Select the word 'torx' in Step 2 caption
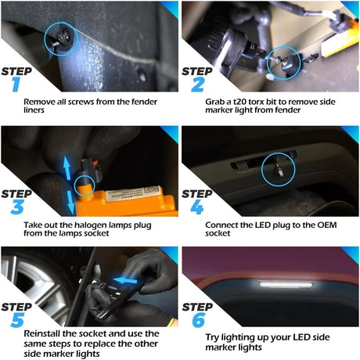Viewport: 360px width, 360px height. pos(255,100)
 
